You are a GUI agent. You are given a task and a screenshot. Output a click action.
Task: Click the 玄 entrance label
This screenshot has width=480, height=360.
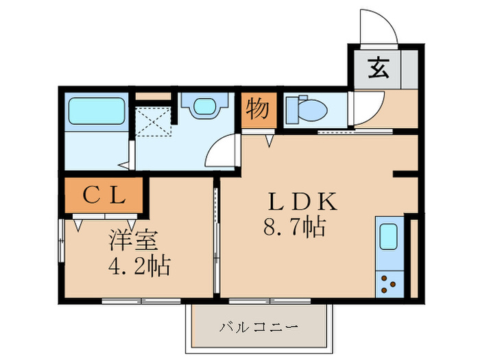point(377,69)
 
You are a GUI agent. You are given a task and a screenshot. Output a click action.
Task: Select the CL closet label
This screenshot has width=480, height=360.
point(104,196)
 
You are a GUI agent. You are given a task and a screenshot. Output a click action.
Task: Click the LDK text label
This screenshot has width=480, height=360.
point(302,202)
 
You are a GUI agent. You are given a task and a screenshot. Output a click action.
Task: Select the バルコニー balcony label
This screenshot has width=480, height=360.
point(259,326)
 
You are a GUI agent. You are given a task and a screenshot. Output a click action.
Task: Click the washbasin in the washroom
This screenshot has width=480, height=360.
point(204,107)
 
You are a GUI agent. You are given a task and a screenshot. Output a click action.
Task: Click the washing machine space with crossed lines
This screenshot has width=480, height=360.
point(152,123)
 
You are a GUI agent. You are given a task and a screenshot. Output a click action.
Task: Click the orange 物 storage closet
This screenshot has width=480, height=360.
point(258,110)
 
